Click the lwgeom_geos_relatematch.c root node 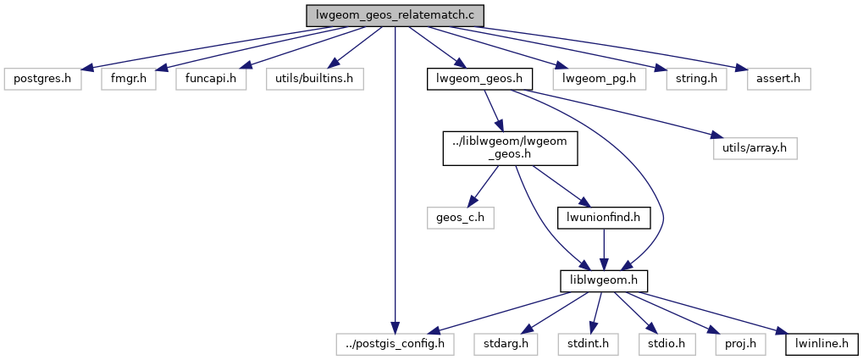click(x=396, y=15)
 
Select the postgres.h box click(x=42, y=80)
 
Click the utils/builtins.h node click(x=314, y=80)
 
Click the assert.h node click(x=778, y=80)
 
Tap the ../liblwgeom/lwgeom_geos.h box click(x=511, y=148)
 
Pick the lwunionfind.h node click(x=602, y=217)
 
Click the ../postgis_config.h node click(x=394, y=344)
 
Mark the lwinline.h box click(x=822, y=344)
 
